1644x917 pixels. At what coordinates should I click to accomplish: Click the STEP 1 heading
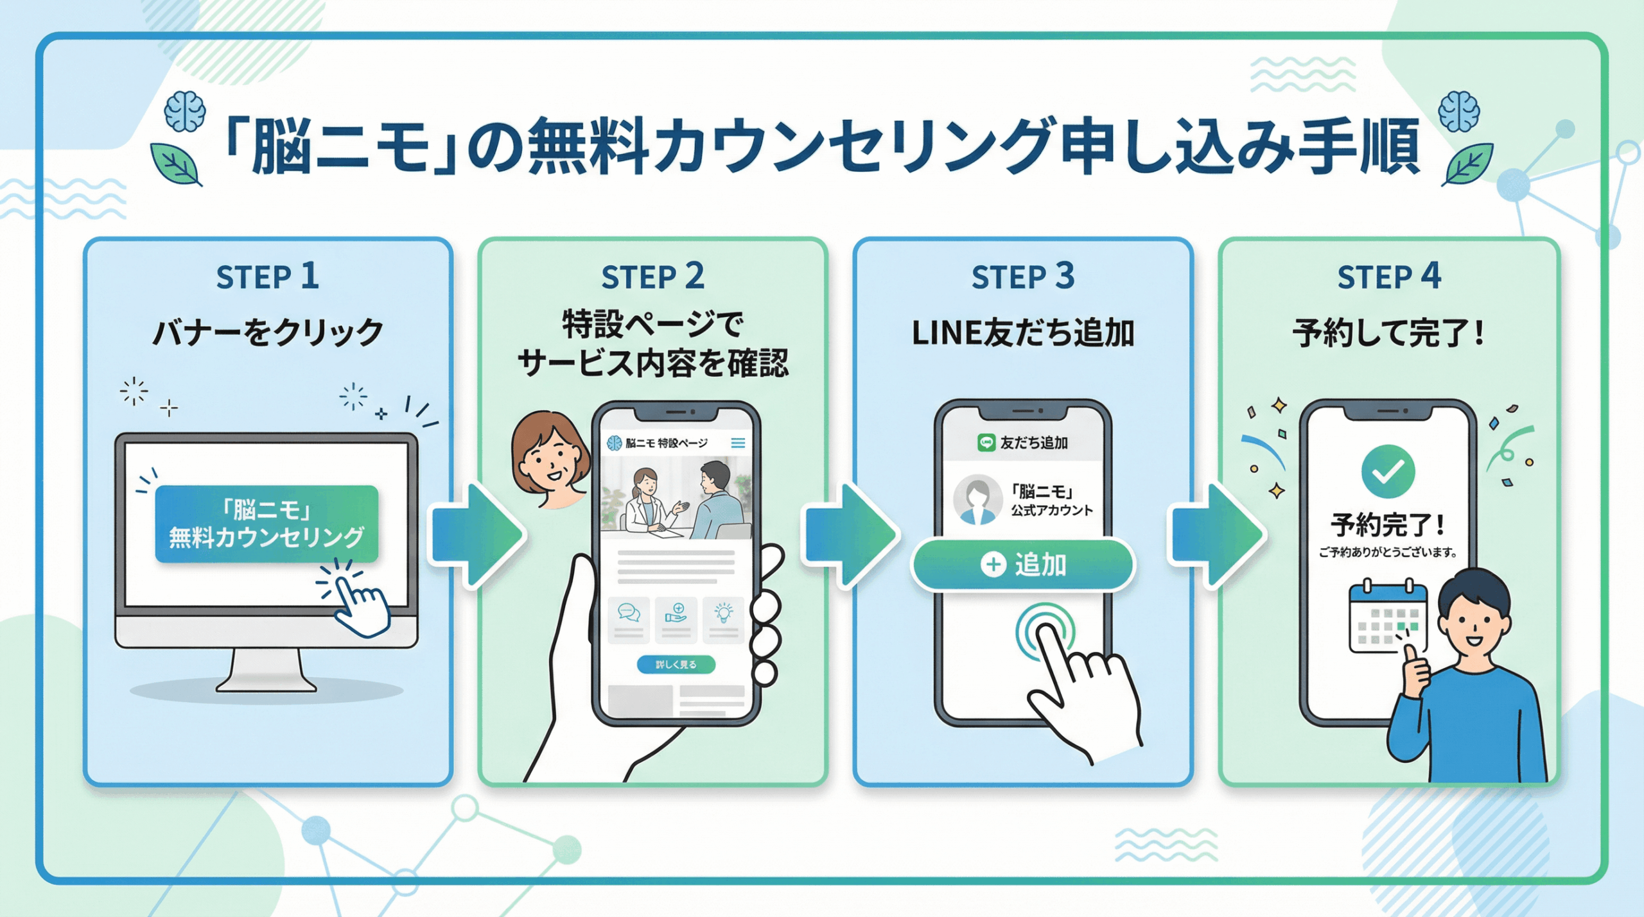pos(267,277)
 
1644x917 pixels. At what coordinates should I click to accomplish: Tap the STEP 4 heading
pos(1389,277)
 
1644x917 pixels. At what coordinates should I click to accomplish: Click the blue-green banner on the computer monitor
pos(267,524)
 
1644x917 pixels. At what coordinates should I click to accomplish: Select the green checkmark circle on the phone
pos(1388,472)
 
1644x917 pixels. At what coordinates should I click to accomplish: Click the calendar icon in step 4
pos(1388,617)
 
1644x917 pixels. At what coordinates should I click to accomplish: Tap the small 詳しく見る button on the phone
pos(676,664)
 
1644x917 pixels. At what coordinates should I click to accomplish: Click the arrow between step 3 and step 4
pos(1216,535)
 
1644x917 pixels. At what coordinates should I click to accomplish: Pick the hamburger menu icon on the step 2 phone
pos(738,443)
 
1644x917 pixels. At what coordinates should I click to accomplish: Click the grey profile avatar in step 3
pos(977,500)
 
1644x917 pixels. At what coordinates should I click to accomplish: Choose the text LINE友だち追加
pos(1022,333)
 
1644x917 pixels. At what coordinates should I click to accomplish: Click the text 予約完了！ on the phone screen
pos(1388,525)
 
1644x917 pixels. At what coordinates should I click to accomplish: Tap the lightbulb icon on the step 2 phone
pos(724,613)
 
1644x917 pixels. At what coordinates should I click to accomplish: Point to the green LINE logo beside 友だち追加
pos(986,442)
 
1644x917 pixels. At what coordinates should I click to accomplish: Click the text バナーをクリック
pos(267,333)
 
